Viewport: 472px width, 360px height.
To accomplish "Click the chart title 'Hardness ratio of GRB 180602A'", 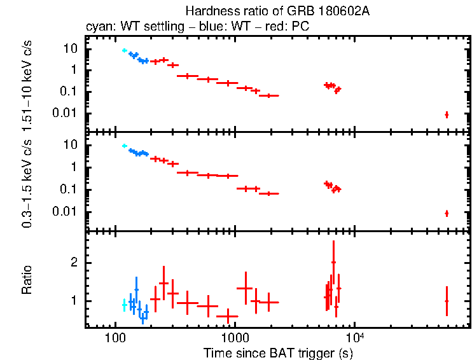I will tap(277, 11).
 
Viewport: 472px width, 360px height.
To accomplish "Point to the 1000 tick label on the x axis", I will tap(235, 338).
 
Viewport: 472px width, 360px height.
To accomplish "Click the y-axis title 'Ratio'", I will tap(27, 281).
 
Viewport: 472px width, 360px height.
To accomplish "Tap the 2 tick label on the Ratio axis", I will tap(74, 263).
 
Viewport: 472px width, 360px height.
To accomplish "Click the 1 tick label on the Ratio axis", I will tap(74, 301).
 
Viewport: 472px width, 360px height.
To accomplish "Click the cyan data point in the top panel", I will tap(125, 50).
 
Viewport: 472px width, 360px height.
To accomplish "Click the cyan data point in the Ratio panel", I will tap(125, 305).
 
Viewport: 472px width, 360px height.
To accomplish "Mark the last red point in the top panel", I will tap(447, 114).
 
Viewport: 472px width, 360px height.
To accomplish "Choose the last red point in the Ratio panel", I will tap(447, 301).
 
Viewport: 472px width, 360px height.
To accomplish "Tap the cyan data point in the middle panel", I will tap(125, 146).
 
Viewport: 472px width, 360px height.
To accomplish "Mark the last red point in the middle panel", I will tap(447, 213).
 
